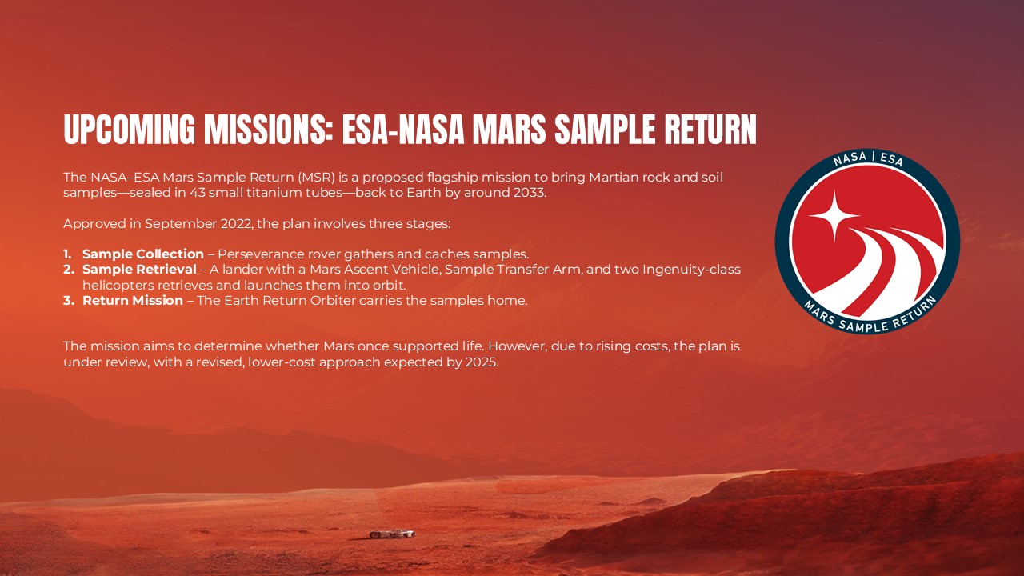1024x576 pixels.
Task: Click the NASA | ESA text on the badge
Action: [x=867, y=160]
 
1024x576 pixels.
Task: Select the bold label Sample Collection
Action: [x=142, y=254]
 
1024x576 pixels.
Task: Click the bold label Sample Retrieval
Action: [x=139, y=270]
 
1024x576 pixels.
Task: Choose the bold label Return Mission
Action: [x=133, y=301]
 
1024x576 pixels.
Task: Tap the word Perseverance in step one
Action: [x=254, y=254]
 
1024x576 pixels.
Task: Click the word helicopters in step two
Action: [x=114, y=285]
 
